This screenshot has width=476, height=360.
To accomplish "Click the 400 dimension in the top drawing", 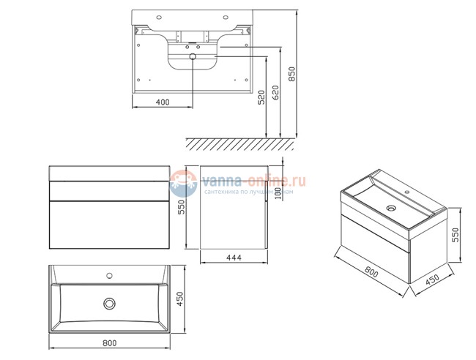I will click(163, 102).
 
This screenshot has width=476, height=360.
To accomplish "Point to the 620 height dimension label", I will click(276, 93).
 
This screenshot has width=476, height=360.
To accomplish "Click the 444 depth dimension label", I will click(235, 258).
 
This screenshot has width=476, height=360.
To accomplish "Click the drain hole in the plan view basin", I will click(110, 301).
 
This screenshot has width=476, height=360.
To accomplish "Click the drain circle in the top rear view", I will click(193, 56).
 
